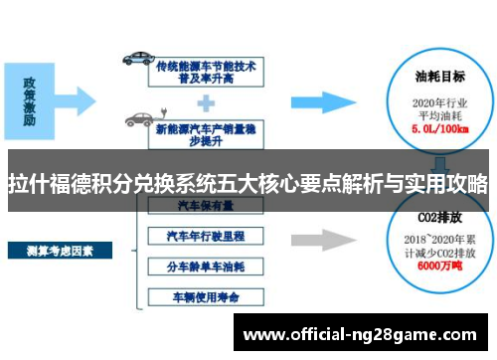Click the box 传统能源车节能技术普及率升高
[x=206, y=69]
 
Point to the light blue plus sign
[x=206, y=100]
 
